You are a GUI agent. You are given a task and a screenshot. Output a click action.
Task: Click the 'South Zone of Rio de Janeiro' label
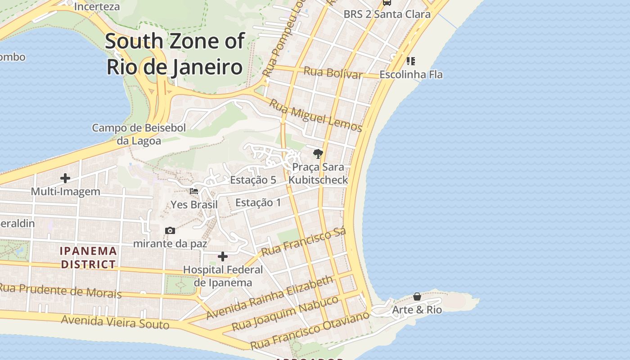[175, 54]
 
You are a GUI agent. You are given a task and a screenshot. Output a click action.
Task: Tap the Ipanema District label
[89, 257]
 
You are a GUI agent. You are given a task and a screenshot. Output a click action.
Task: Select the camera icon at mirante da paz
[170, 230]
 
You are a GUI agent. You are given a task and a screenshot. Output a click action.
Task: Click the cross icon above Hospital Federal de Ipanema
[223, 256]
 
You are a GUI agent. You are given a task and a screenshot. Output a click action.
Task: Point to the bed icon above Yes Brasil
[194, 191]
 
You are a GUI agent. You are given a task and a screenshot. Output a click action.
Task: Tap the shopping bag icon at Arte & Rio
[417, 297]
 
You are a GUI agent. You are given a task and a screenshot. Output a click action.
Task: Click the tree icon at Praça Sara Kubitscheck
[318, 154]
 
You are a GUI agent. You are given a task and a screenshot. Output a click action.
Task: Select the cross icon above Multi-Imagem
[65, 178]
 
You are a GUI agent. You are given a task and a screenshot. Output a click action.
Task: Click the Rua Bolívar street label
[333, 72]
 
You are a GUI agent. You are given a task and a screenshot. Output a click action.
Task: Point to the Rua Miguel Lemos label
[315, 116]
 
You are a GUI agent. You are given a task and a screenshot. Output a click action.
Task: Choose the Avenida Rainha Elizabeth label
[270, 297]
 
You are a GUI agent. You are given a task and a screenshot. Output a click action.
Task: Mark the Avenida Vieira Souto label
[115, 322]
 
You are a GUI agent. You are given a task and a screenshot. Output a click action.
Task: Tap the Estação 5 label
[253, 180]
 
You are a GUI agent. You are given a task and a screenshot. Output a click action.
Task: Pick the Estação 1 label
[258, 202]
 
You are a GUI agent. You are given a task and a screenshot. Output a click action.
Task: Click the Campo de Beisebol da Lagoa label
[139, 134]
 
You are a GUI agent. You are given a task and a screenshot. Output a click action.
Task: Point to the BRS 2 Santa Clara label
[387, 14]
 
